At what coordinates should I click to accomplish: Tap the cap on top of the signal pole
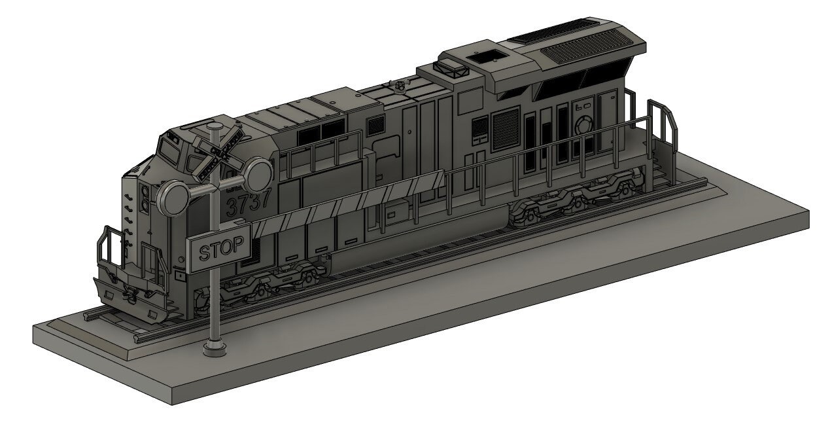(215, 126)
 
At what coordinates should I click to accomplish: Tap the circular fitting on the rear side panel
(582, 124)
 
